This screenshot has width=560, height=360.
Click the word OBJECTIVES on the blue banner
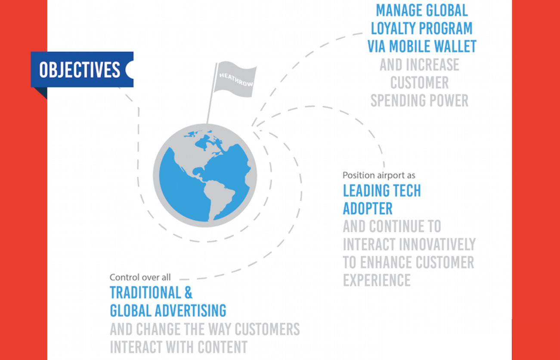[x=80, y=70]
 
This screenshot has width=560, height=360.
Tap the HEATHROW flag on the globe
[x=235, y=79]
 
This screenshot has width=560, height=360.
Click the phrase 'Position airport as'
[x=379, y=175]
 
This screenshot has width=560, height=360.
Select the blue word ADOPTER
[x=368, y=209]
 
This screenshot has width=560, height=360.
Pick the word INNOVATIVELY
[x=437, y=244]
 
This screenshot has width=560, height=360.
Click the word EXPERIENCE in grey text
[x=377, y=280]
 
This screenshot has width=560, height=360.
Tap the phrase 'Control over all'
[x=140, y=277]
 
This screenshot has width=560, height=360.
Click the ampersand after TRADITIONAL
[x=189, y=292]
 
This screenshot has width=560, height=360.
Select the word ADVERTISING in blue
[x=191, y=311]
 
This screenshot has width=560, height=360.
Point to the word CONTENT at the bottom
[x=223, y=347]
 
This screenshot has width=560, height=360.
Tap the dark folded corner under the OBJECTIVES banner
[x=41, y=92]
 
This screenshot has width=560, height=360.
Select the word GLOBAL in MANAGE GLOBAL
[x=447, y=10]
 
